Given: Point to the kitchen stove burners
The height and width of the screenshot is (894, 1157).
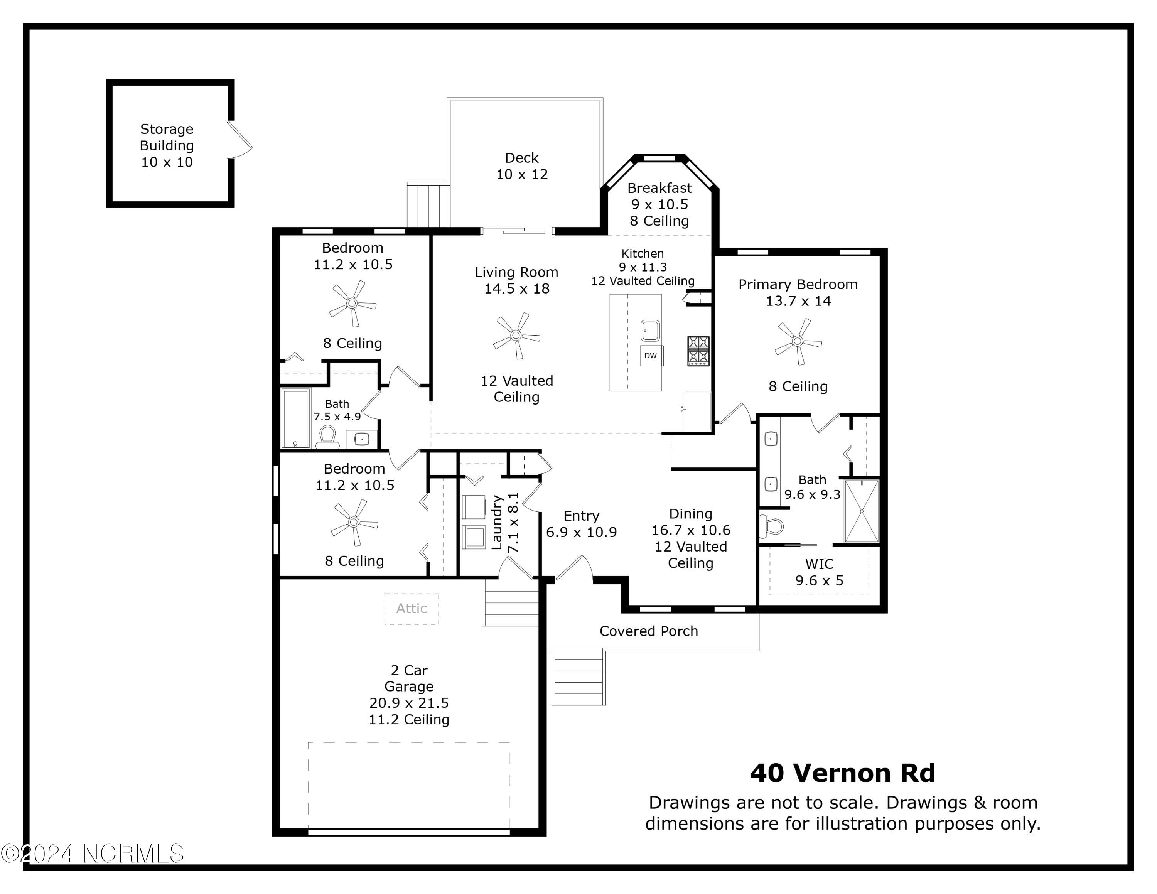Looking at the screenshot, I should pos(698,351).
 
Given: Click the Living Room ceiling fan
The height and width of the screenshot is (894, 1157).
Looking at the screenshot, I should pos(516,335).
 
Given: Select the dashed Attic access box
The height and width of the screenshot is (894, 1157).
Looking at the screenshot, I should pos(412,609).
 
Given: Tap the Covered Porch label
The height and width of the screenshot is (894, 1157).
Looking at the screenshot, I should pos(648,631).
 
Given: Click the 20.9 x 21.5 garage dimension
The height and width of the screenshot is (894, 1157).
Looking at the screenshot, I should pos(409,703).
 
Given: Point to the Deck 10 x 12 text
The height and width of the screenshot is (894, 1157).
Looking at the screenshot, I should pos(522,166).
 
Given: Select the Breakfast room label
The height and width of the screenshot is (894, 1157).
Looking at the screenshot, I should pos(659,188).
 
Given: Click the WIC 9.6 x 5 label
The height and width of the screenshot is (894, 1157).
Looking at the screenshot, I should pos(819,572).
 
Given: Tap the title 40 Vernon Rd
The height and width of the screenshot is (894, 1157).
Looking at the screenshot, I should pos(842,773).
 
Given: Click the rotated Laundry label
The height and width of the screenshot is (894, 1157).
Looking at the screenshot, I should pos(496,522).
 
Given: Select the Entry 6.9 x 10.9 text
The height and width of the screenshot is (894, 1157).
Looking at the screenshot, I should pos(581,524).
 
